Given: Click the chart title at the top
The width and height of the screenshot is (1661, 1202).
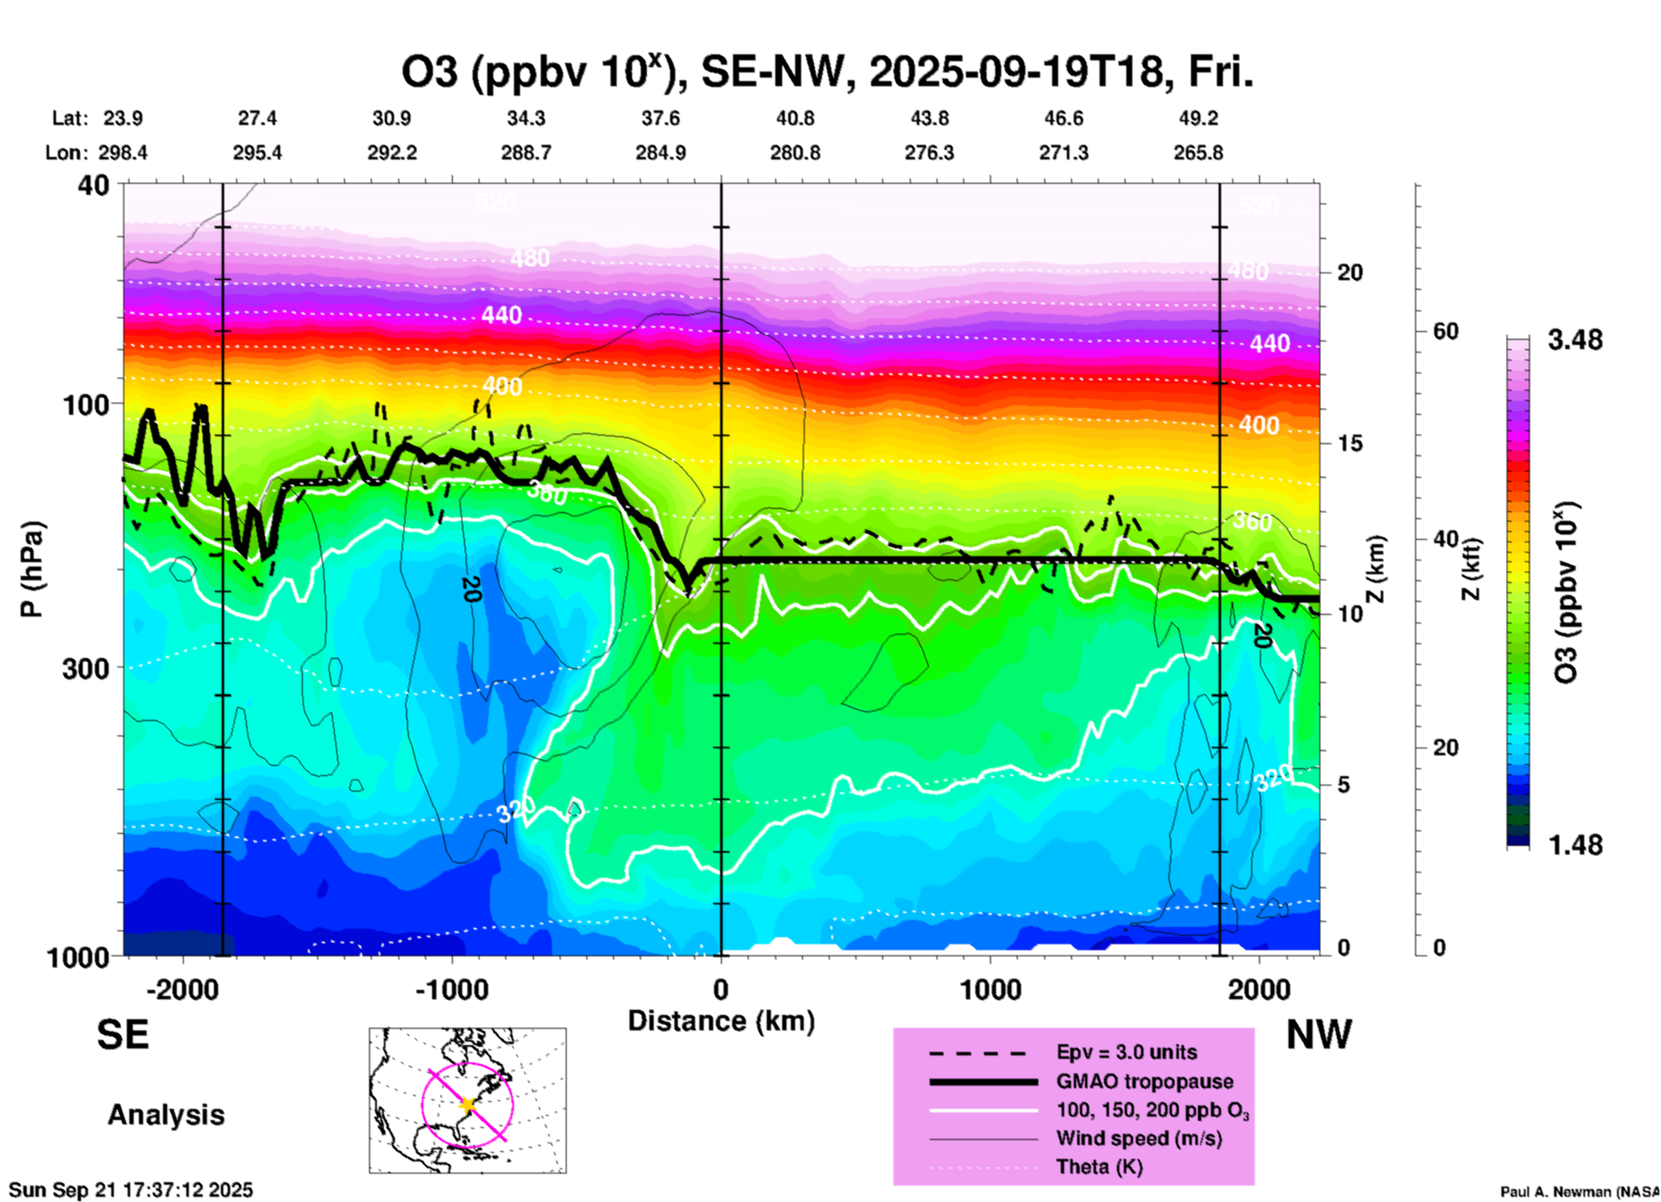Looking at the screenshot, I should coord(826,72).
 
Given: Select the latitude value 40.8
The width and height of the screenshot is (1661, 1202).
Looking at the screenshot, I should coord(794,118).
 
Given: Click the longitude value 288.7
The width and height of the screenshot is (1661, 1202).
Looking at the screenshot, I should coord(525,153).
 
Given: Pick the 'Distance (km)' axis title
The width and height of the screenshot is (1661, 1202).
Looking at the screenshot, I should coord(721,1021).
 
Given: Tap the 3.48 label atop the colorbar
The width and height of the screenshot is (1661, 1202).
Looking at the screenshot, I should coord(1575,341).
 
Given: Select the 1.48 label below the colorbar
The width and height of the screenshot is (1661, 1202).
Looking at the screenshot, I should coord(1575,845).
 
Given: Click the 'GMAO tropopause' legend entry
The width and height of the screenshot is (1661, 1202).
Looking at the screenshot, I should coord(1144,1081).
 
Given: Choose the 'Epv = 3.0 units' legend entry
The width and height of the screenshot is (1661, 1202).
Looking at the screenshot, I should coord(1126,1053).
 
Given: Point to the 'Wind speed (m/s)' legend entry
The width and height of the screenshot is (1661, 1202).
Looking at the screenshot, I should coord(1138,1139).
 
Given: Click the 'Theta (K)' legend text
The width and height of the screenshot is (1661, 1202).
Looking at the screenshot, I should coord(1099,1168).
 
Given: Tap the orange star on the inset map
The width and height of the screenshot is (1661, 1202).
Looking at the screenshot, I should coord(467,1105).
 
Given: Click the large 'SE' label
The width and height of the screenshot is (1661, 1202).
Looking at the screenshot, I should coord(122,1035).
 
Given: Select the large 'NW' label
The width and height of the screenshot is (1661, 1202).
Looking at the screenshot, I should coord(1319,1035).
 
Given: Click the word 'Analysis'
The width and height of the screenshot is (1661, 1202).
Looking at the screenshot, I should coord(166,1115).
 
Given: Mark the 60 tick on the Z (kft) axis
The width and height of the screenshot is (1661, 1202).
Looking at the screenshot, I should coord(1445,331).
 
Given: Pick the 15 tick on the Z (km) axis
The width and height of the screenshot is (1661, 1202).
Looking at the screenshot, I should coord(1350,443).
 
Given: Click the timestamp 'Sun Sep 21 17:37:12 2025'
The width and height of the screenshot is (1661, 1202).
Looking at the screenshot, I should coord(131,1190).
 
